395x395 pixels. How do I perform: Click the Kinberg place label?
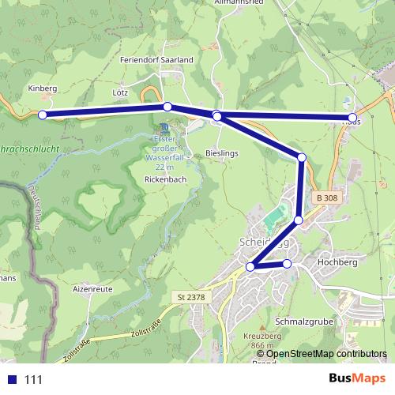pos(43,88)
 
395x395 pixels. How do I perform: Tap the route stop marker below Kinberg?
pos(43,115)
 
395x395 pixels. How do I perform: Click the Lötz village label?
pos(120,92)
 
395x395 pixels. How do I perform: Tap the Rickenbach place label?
pos(164,180)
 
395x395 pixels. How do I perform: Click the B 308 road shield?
pos(325,197)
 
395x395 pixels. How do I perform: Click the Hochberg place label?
pos(337,261)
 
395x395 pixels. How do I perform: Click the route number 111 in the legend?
pos(32,379)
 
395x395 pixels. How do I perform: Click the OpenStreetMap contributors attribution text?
pos(327,353)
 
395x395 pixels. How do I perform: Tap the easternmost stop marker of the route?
pos(352,119)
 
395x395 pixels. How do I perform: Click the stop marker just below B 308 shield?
pos(299,220)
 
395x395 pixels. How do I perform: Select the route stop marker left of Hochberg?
pos(287,263)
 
